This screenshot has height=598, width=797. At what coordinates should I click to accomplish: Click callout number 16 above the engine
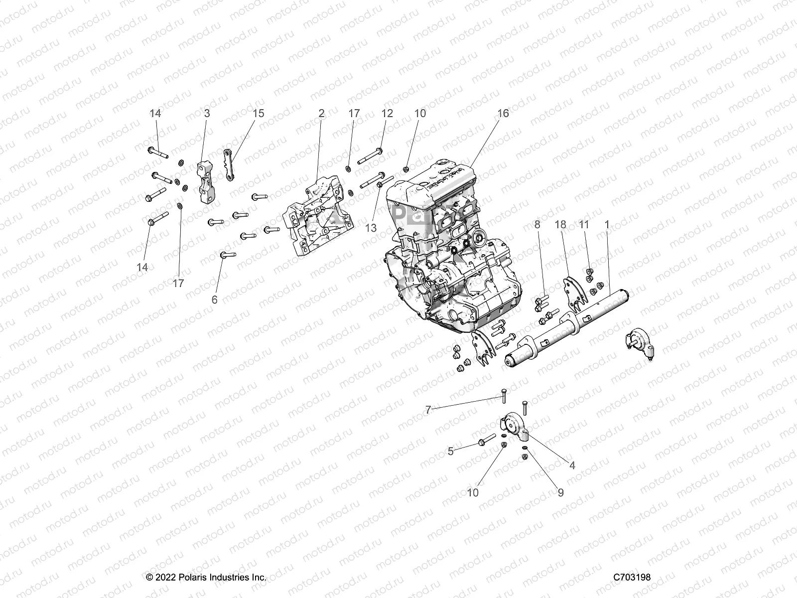503,114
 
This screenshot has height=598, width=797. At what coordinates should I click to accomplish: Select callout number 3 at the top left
207,114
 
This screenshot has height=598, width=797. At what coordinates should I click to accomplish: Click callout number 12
387,114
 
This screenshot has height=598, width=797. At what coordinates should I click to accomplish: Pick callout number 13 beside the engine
371,228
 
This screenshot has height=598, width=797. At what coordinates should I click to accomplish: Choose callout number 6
215,299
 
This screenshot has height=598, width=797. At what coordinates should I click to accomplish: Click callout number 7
428,410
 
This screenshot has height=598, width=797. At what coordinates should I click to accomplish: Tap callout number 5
450,451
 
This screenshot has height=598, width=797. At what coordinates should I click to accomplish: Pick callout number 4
572,465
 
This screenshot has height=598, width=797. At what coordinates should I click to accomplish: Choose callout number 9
560,493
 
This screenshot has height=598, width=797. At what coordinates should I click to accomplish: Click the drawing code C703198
632,578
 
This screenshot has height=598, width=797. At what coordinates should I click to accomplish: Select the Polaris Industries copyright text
206,578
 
